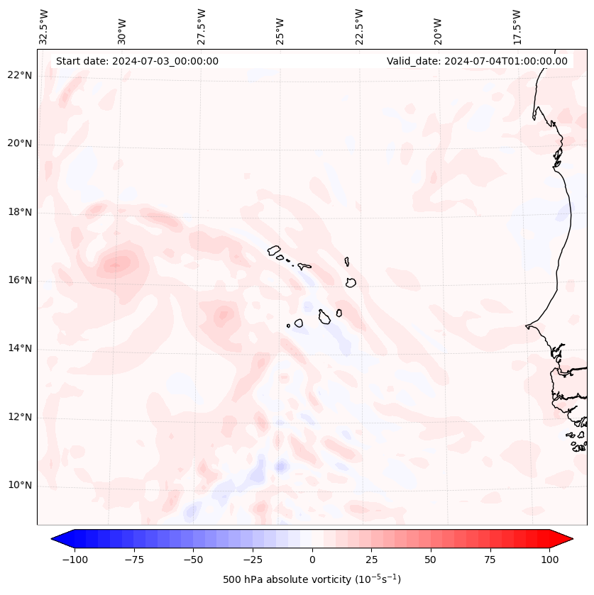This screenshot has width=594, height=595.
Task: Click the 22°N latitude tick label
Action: tap(20, 75)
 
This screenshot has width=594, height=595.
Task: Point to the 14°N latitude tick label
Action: tap(20, 348)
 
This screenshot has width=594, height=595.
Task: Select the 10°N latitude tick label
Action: tap(20, 485)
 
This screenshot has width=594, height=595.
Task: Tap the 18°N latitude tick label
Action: tap(20, 212)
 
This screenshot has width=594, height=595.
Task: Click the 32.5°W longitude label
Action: tap(44, 27)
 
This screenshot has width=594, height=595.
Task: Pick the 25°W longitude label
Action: tap(281, 27)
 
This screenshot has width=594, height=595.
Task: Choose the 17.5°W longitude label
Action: tap(517, 27)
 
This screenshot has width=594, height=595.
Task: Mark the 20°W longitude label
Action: tap(438, 27)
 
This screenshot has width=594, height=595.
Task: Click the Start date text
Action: tap(137, 61)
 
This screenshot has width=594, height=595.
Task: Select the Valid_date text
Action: tap(477, 61)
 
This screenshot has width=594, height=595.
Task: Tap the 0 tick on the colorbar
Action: tap(312, 560)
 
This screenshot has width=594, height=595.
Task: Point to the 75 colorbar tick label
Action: tap(490, 560)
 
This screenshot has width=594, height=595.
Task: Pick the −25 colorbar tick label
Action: tap(253, 560)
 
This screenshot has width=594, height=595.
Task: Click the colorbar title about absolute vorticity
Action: tap(312, 579)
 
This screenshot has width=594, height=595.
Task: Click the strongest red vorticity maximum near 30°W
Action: tap(115, 265)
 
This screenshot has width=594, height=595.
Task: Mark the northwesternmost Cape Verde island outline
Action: tap(274, 250)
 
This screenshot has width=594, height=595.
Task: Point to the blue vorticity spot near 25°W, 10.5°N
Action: tap(280, 466)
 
